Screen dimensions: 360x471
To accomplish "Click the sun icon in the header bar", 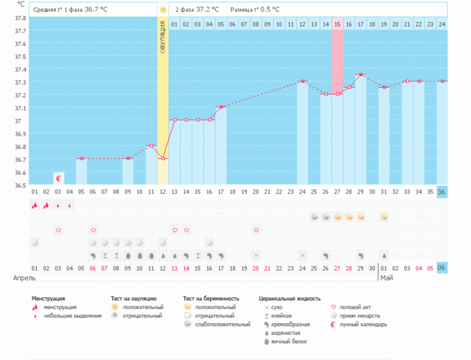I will click(x=163, y=10).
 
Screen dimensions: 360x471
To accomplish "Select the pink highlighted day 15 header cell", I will click(x=337, y=24).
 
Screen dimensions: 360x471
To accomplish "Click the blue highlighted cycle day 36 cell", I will click(x=442, y=191).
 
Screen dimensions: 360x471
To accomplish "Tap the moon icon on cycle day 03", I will click(x=58, y=178).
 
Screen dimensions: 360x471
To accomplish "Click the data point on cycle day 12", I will click(x=163, y=159).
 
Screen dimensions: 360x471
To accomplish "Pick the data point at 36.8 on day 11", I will click(x=151, y=146).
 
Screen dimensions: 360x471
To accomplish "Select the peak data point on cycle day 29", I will click(x=360, y=75).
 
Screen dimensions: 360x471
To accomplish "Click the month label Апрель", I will click(x=24, y=277).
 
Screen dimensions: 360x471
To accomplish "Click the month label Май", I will click(x=386, y=277).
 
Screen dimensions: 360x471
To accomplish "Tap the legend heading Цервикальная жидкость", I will click(x=289, y=298).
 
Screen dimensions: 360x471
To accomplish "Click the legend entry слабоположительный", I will click(x=221, y=324).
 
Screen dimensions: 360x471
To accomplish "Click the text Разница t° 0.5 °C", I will click(x=255, y=10).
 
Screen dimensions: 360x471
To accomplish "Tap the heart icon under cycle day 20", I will click(x=256, y=230).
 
